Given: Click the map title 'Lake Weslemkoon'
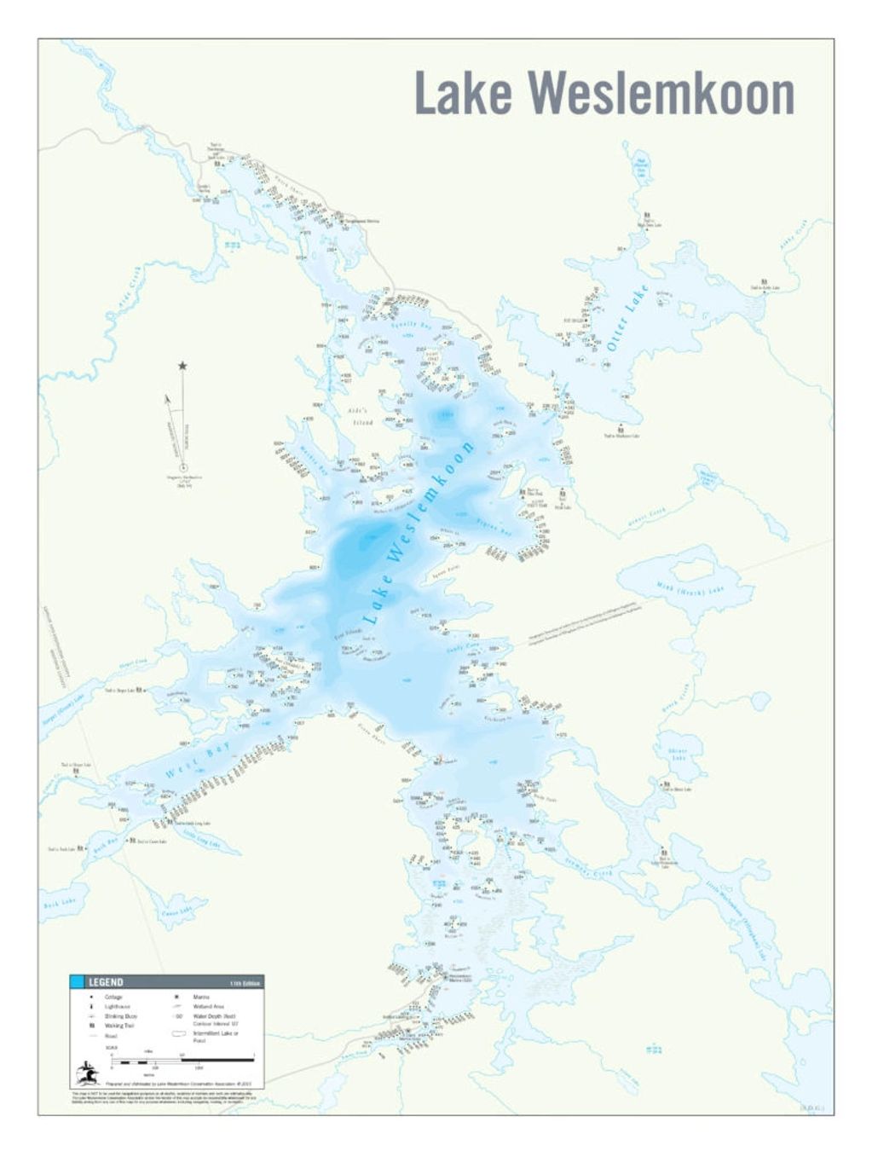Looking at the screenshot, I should click(603, 94).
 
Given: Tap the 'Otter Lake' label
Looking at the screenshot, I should click(628, 319).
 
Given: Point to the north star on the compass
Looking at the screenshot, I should click(182, 366).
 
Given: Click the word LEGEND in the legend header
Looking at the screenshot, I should click(107, 982).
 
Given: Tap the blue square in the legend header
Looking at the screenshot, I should click(77, 982).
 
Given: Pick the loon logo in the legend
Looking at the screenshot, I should click(88, 1071).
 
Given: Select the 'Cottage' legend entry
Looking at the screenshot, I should click(113, 997).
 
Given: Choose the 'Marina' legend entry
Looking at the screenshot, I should click(201, 997).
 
